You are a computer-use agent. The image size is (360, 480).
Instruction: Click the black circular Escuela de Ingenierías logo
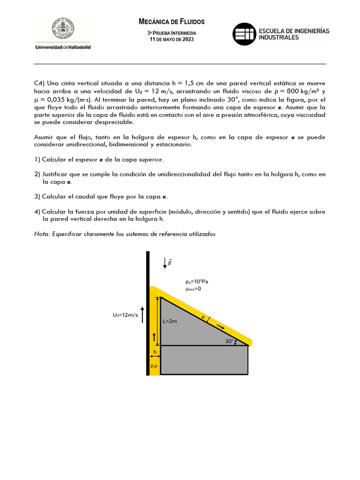point(245,34)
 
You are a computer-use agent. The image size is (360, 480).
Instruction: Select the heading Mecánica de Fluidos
point(172,22)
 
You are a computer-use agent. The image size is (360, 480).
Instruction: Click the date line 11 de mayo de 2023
point(172,39)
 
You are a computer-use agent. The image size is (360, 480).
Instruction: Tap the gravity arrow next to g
point(165,262)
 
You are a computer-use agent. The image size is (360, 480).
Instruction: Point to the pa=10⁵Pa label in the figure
point(197,282)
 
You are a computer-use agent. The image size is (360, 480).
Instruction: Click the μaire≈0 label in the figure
point(193,289)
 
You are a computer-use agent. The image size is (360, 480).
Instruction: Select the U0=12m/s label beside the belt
point(125,315)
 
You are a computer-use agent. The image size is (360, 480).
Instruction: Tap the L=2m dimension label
point(170,322)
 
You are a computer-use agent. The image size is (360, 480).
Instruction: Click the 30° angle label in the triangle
point(229,341)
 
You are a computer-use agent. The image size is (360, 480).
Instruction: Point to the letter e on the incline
point(203,317)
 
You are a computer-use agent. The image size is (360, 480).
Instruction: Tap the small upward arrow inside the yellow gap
point(154,336)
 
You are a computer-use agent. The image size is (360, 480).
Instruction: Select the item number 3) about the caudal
point(37,196)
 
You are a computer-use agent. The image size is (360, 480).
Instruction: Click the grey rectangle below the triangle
point(204,360)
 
